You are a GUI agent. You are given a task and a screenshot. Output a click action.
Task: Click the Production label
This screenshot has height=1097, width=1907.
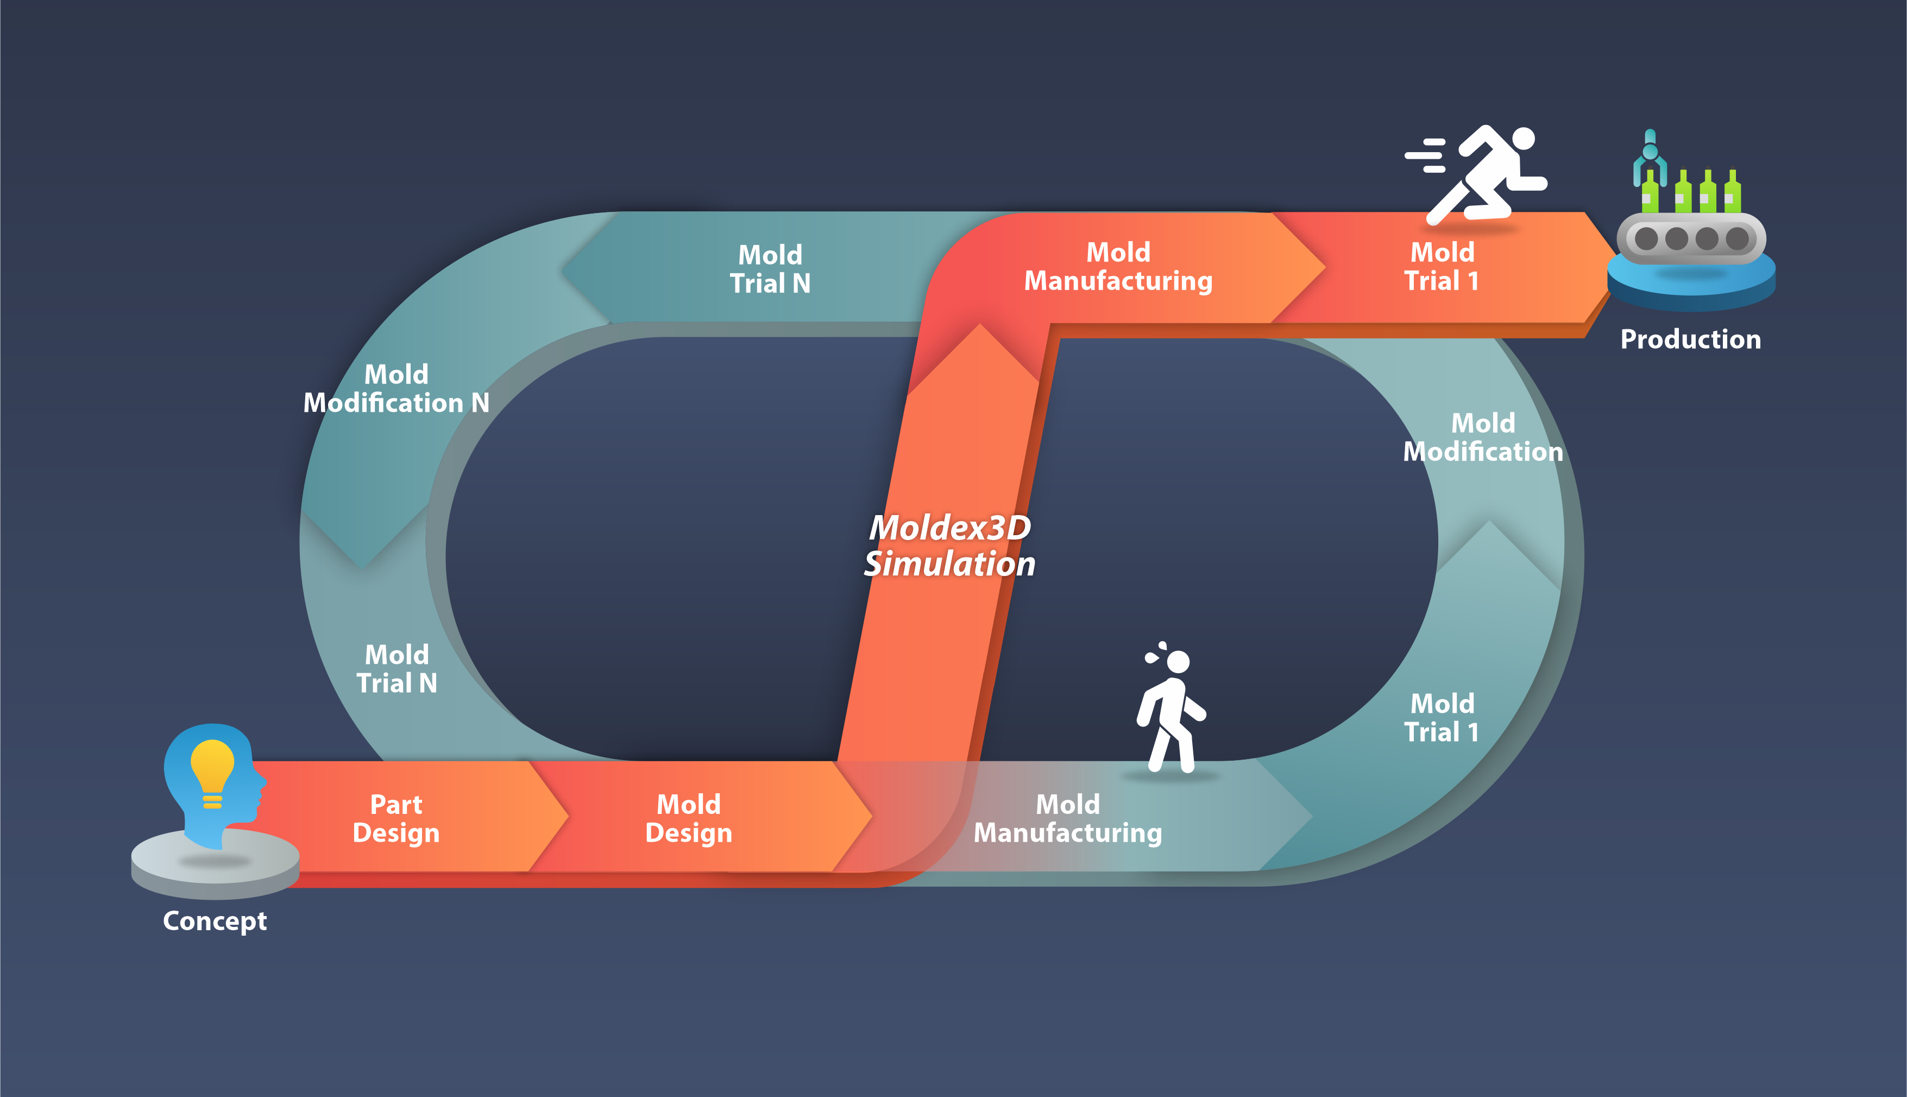(1690, 339)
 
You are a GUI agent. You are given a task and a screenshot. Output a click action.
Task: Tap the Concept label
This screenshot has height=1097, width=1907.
(215, 921)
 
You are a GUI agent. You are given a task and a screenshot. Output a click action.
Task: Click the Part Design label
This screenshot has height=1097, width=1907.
(396, 818)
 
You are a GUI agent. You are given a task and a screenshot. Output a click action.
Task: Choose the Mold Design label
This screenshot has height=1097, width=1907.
(688, 818)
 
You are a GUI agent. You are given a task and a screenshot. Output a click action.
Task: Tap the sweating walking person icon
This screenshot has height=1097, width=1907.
(1170, 708)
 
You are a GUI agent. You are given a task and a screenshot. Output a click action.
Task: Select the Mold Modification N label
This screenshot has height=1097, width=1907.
(396, 389)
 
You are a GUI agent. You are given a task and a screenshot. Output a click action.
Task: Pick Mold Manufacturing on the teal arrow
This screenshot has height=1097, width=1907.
(1067, 818)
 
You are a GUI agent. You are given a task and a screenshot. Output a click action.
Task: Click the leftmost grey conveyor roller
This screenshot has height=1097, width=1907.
(1646, 239)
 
